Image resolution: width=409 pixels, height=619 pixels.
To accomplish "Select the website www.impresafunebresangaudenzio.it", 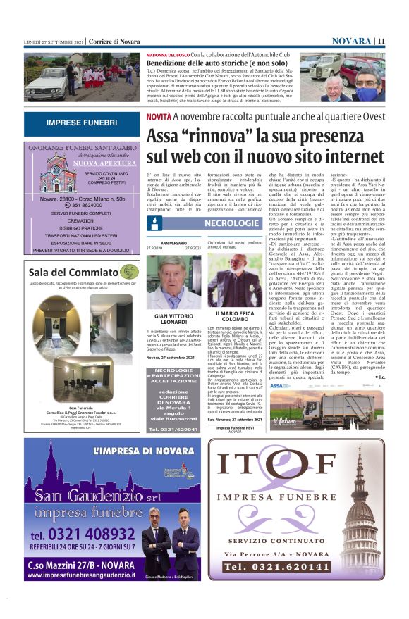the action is point(81,575).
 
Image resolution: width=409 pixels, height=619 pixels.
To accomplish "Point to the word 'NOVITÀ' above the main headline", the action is point(159,115).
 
